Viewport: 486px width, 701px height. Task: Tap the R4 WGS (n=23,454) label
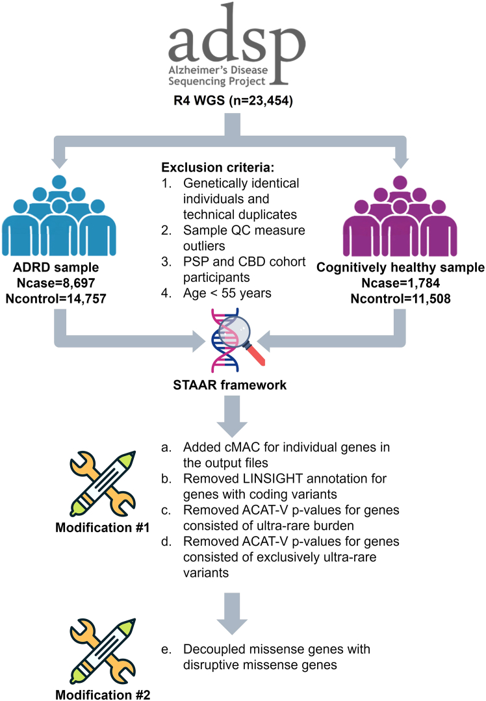click(x=233, y=101)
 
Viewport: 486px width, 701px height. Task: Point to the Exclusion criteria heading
click(x=218, y=168)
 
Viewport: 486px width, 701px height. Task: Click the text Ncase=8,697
click(x=56, y=283)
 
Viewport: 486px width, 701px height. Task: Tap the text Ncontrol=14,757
click(x=56, y=299)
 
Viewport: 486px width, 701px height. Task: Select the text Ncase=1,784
click(x=401, y=283)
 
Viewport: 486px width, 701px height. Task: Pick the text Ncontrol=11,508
click(x=401, y=299)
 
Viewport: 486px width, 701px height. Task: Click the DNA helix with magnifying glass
click(x=237, y=340)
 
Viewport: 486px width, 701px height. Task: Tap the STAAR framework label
click(x=230, y=385)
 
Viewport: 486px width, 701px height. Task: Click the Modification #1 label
click(x=103, y=528)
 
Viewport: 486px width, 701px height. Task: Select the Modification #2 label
click(x=103, y=695)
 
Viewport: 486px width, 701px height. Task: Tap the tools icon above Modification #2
click(x=103, y=652)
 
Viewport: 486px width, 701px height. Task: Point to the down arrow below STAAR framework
click(x=232, y=416)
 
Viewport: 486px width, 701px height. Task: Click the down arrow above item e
click(x=232, y=614)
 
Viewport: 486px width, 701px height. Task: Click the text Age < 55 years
click(x=227, y=293)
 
